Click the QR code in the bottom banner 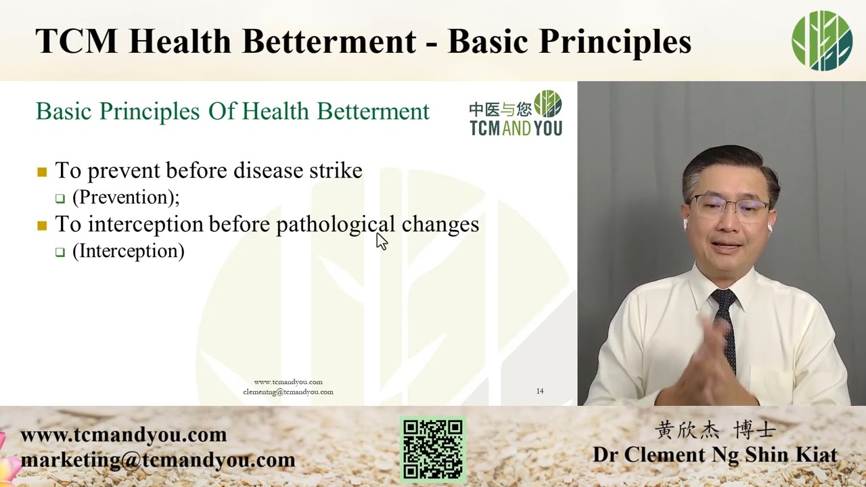pos(432,450)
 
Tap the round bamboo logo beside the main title pos(822,41)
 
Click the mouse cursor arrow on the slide pos(382,241)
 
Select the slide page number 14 pos(540,391)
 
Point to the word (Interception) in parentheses pos(129,251)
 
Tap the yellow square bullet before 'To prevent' pos(42,172)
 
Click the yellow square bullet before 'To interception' pos(42,225)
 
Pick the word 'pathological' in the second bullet pos(336,225)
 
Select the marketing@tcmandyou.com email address pos(158,460)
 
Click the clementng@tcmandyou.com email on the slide pos(288,392)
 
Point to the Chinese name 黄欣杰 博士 pos(715,430)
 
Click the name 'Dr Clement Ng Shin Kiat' pos(715,455)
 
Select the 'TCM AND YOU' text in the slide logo pos(516,128)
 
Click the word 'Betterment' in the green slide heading pos(373,112)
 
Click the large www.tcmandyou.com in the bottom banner pos(123,435)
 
